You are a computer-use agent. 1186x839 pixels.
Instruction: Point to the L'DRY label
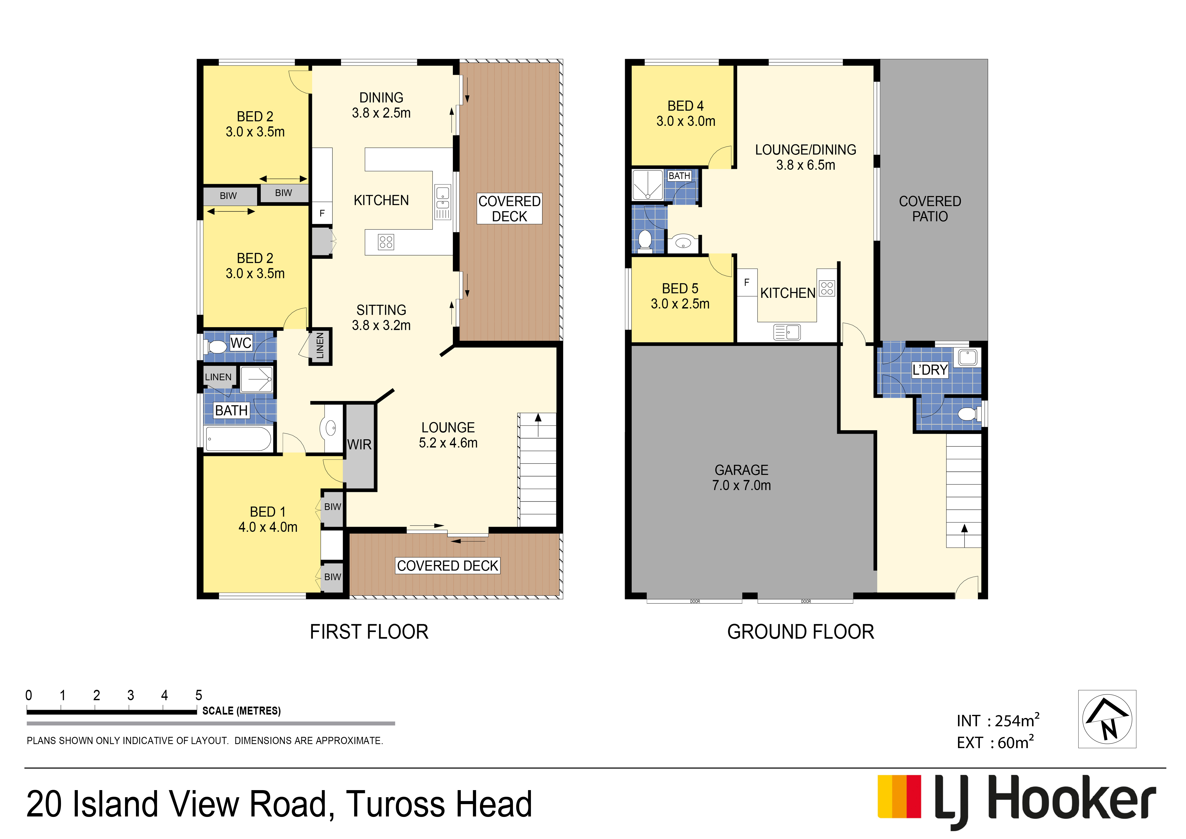pos(930,370)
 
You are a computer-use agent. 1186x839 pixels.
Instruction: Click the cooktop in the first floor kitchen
pos(386,242)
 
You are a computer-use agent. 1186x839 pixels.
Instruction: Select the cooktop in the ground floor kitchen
pos(827,288)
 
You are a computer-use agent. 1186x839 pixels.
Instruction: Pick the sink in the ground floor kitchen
pos(787,332)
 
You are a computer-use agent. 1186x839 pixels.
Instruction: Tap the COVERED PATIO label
pos(930,209)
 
